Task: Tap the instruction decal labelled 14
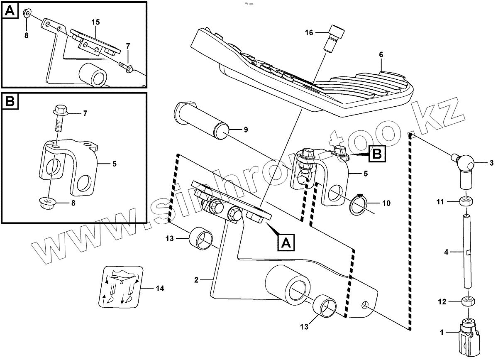(121, 287)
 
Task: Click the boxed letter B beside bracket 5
(376, 154)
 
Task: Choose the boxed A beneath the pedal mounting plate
(286, 242)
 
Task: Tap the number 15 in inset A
(96, 22)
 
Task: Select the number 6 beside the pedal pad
(381, 54)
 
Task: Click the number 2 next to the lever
(196, 280)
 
